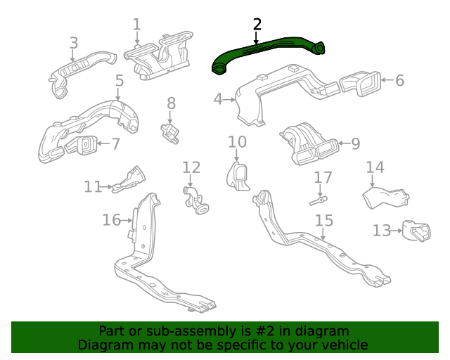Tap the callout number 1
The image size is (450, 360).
(137, 25)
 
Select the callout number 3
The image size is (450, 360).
(74, 43)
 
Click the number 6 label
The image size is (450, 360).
(399, 80)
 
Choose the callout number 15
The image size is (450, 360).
(323, 220)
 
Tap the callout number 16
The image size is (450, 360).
(111, 220)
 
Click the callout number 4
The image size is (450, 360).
(219, 100)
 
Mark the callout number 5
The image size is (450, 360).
(120, 80)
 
